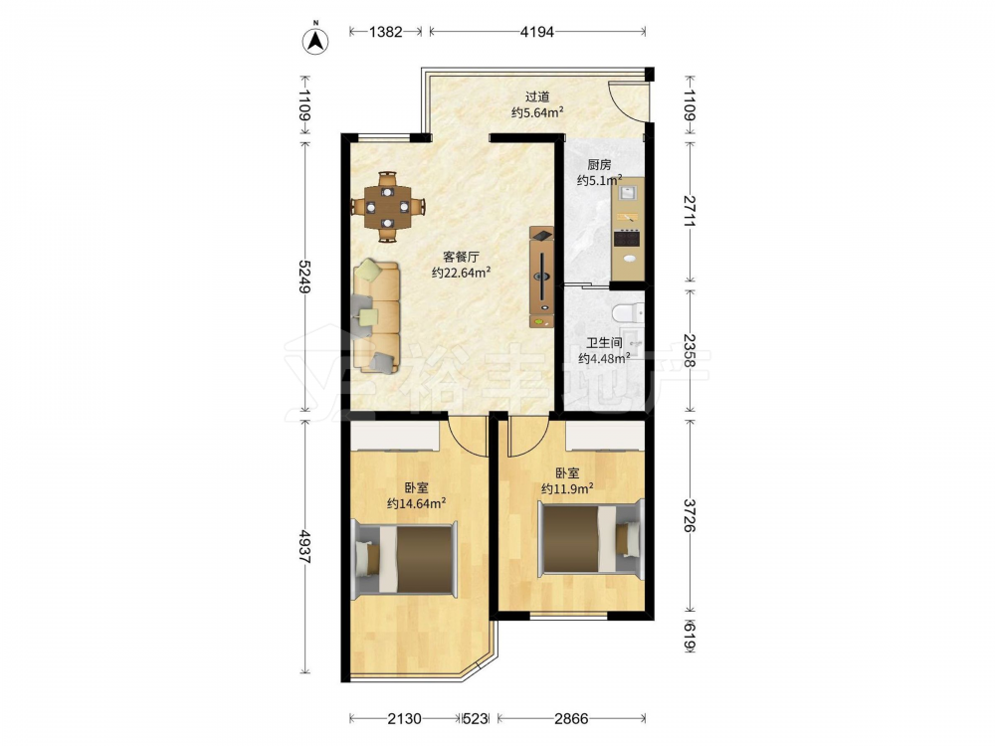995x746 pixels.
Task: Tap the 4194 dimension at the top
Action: coord(537,32)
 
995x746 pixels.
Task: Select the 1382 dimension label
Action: coord(386,32)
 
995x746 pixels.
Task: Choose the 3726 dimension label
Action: coord(690,515)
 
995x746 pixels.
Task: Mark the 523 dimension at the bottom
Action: coord(476,719)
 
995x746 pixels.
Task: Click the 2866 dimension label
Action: coord(571,719)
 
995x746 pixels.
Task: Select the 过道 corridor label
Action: coord(537,97)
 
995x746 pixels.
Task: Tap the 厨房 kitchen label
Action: coord(599,165)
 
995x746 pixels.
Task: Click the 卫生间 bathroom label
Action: coord(604,343)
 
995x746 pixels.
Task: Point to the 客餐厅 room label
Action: coord(461,257)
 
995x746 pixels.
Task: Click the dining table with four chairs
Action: coord(388,207)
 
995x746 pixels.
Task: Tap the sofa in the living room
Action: coord(376,316)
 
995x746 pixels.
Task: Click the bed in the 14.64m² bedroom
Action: coord(405,559)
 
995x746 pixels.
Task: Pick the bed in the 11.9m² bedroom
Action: coord(591,539)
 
